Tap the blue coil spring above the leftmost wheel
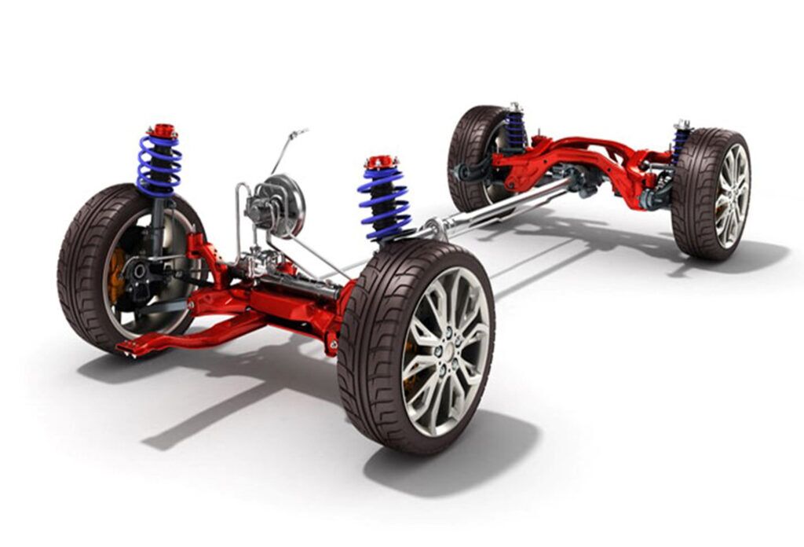159,166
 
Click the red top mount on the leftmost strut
163,131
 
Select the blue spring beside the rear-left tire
514,130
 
